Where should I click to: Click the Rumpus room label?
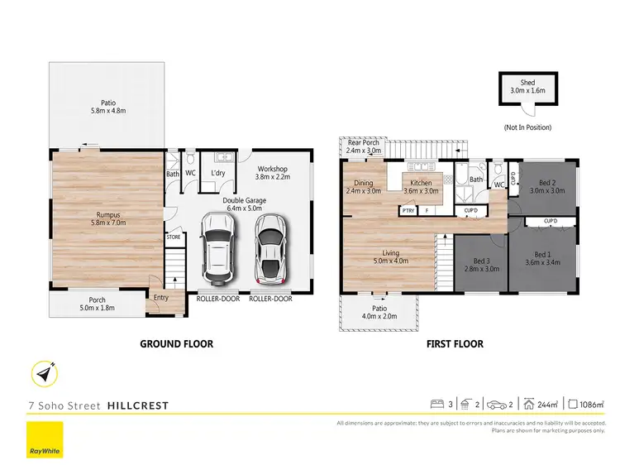(x=108, y=214)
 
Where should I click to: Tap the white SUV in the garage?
(x=220, y=247)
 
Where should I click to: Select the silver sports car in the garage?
(x=270, y=247)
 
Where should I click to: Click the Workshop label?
(x=274, y=170)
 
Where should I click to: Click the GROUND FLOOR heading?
(x=176, y=343)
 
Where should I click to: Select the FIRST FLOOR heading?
(x=455, y=343)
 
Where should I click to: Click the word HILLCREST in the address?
(x=136, y=405)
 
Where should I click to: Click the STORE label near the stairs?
(x=173, y=237)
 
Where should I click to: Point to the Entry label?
(x=159, y=298)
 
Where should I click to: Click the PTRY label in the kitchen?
(x=408, y=211)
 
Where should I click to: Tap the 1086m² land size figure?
(x=590, y=405)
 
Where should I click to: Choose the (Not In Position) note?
(x=527, y=127)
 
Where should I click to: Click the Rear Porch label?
(x=363, y=142)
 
